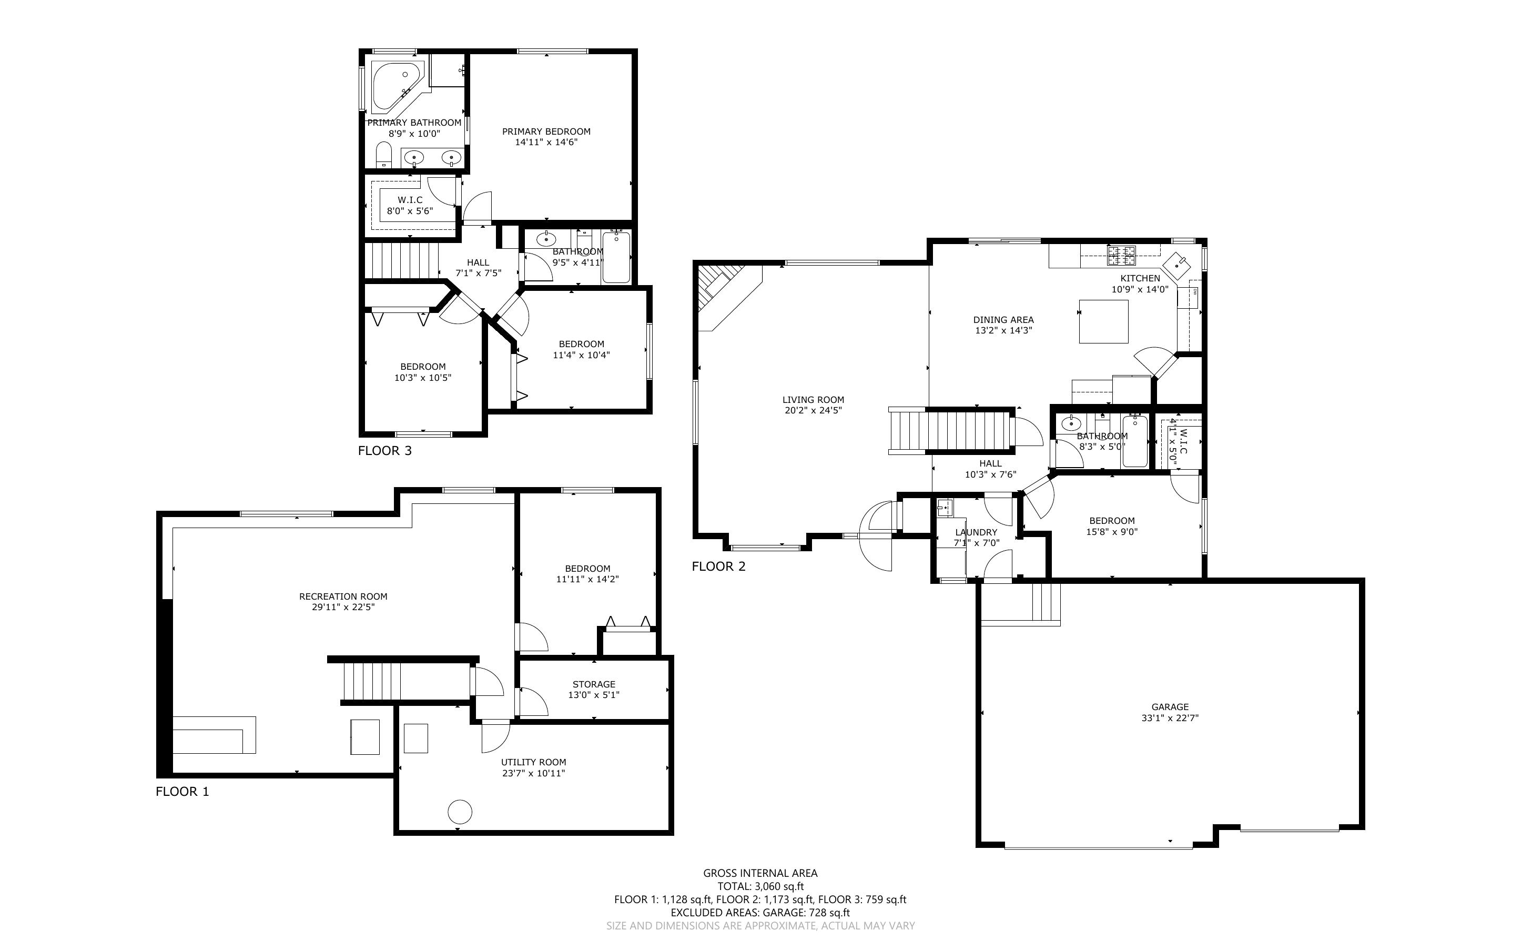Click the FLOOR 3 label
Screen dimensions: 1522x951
click(x=385, y=450)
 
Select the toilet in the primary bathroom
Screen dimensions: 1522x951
click(x=383, y=155)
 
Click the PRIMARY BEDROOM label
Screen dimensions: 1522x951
click(x=546, y=131)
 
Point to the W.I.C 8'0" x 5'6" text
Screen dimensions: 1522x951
click(x=410, y=206)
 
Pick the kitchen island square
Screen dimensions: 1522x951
click(x=1103, y=321)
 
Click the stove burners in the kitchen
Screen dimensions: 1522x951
click(x=1122, y=255)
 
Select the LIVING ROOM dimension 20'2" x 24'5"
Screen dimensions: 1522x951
click(x=813, y=410)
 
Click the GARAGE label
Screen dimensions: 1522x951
click(x=1170, y=706)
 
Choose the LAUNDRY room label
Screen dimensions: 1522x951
click(x=976, y=532)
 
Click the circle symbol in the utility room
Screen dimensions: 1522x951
click(x=460, y=812)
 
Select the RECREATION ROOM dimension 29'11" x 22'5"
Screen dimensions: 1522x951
click(x=343, y=607)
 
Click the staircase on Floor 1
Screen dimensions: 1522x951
click(x=372, y=681)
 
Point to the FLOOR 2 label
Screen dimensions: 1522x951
click(x=718, y=566)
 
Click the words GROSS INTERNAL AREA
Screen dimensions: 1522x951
click(x=760, y=873)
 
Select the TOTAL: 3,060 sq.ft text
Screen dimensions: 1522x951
click(x=760, y=887)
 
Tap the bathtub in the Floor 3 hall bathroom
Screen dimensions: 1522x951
click(x=616, y=258)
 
